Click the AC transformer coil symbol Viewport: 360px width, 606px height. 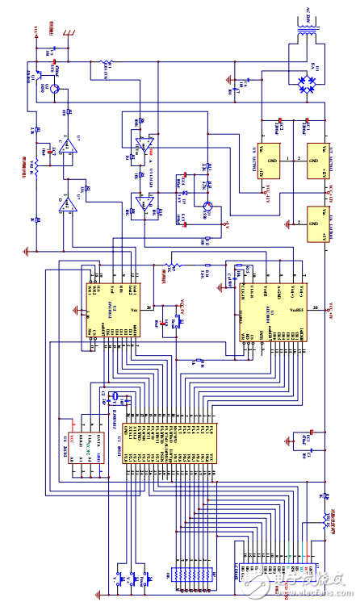pyautogui.click(x=308, y=36)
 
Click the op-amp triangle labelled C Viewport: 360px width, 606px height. pyautogui.click(x=68, y=146)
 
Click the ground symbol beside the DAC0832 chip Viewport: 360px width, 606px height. pyautogui.click(x=78, y=307)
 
